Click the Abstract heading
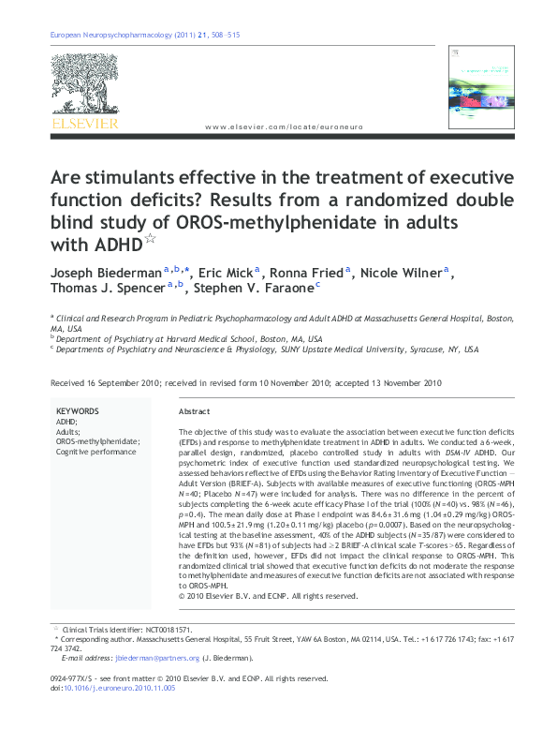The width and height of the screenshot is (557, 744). tap(194, 412)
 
